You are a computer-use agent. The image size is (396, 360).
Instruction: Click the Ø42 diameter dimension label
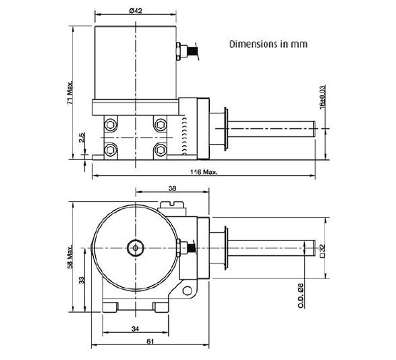point(136,11)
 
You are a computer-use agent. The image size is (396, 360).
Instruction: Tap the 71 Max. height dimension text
point(70,93)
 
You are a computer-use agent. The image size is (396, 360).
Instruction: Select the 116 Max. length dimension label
point(204,172)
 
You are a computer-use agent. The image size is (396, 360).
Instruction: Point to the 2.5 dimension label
point(82,138)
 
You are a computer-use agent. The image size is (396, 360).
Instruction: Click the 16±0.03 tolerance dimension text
point(322,97)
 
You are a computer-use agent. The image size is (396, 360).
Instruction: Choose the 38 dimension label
point(172,188)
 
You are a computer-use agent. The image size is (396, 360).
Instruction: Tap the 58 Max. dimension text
point(70,257)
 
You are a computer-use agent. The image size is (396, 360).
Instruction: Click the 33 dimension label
point(82,280)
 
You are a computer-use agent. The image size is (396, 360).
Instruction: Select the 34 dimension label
point(136,329)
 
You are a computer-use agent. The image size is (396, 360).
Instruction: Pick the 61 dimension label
point(150,342)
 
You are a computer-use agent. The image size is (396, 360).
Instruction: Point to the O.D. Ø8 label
point(300,295)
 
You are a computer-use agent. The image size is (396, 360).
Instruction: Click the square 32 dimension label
point(322,251)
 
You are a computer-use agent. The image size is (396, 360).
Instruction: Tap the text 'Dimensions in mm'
point(268,44)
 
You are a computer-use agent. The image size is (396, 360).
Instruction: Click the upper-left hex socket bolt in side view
point(111,124)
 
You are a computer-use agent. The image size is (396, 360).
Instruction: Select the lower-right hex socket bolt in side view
point(160,151)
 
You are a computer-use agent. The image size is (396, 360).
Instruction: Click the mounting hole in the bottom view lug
point(187,290)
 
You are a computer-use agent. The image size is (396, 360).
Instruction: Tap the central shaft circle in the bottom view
point(136,248)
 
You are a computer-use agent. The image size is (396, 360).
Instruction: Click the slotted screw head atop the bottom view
point(172,205)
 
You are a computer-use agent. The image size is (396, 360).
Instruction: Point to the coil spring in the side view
point(185,136)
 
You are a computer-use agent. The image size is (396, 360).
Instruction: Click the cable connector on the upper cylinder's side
point(187,51)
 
